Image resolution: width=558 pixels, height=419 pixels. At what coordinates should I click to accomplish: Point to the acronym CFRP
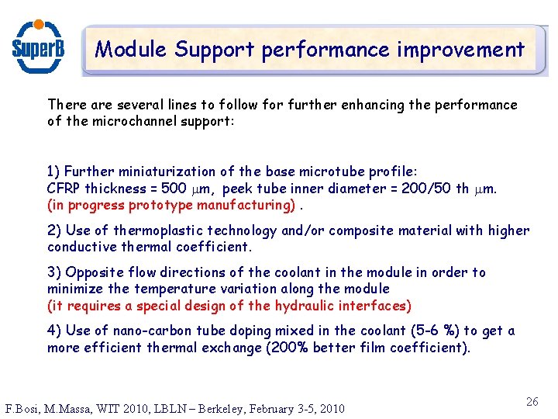(64, 189)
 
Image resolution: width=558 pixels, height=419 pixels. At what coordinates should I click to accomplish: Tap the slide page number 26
(532, 402)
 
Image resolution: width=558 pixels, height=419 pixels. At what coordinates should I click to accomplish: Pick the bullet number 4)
(54, 331)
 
